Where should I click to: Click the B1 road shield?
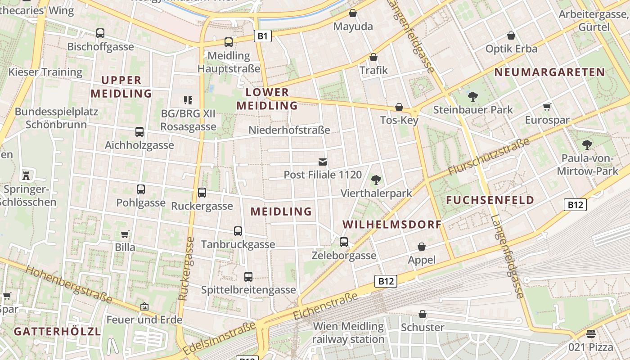263,36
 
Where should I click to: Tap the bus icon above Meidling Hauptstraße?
229,42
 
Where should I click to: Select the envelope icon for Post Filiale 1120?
323,162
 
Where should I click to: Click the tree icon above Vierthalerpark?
376,180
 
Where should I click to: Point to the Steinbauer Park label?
472,109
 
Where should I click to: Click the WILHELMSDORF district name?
391,225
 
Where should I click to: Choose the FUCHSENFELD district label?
490,200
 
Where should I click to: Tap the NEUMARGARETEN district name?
549,72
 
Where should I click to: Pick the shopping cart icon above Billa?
125,234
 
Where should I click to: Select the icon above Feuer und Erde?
144,306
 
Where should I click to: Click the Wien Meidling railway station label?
348,333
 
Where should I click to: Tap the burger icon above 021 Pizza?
590,334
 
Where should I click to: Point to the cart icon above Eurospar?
547,107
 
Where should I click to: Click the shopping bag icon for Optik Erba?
511,35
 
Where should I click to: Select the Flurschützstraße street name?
489,158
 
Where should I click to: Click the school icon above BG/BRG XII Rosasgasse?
188,100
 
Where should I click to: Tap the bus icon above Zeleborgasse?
344,242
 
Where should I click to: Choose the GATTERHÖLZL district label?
57,332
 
